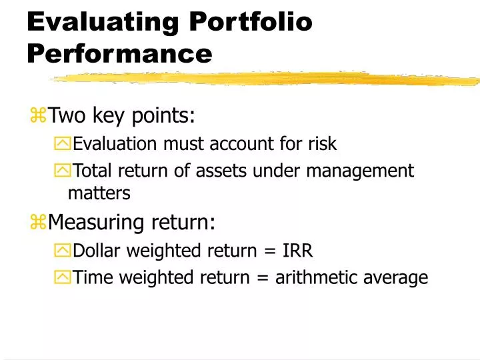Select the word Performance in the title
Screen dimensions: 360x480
(x=119, y=53)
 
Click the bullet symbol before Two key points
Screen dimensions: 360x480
(x=37, y=116)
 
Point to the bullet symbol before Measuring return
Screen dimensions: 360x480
(x=37, y=221)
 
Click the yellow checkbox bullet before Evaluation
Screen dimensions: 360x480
(x=61, y=144)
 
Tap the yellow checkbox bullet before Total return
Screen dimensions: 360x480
(x=61, y=171)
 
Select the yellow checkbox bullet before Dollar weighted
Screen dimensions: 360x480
(x=61, y=251)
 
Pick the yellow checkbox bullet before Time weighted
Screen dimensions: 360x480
(x=61, y=278)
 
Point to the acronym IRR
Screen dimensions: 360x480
(x=297, y=251)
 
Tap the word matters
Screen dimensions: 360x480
(x=99, y=193)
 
